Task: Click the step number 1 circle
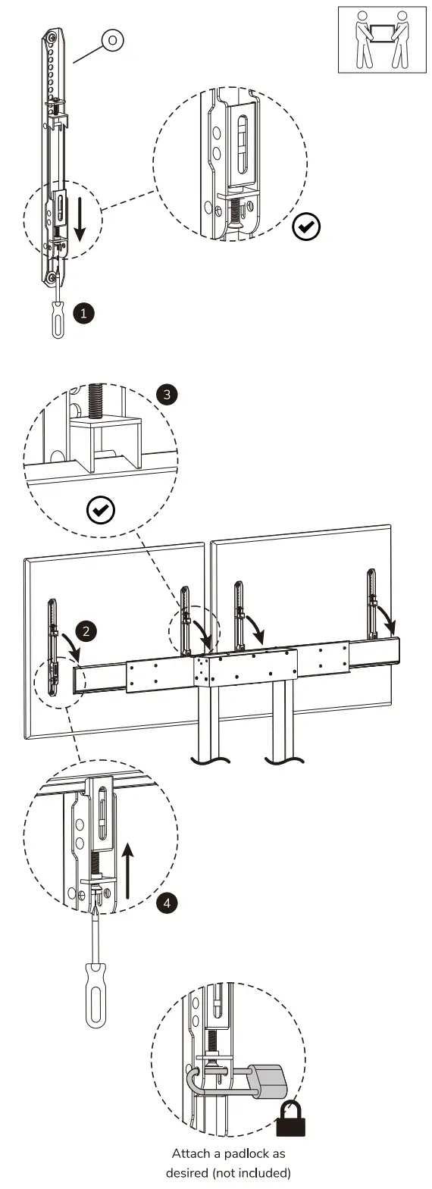[83, 313]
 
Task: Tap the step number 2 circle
[86, 632]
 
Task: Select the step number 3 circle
[167, 395]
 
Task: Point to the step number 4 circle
[167, 903]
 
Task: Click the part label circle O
[112, 40]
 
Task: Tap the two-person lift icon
[382, 39]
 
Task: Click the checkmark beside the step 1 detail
[306, 227]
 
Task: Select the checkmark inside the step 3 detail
[101, 510]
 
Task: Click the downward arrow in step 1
[80, 221]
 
